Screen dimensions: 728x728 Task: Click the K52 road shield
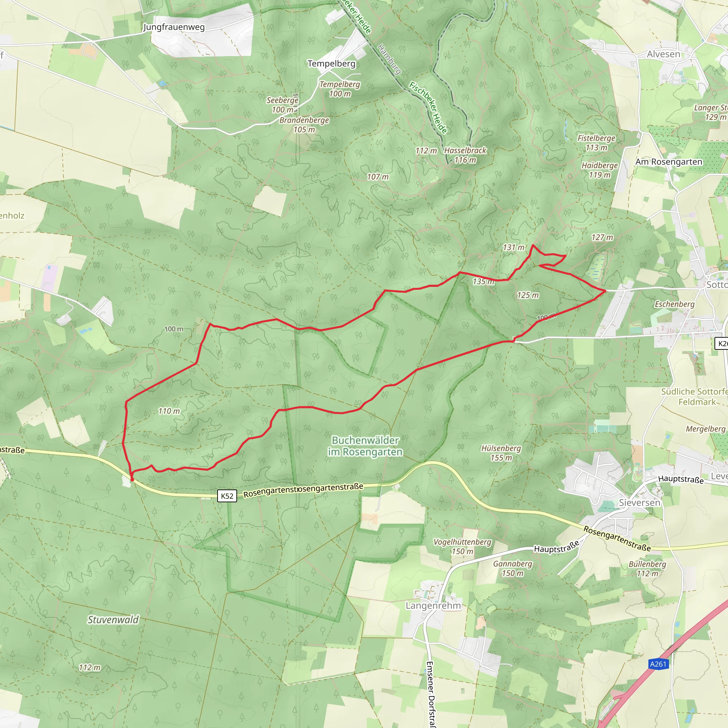(x=227, y=496)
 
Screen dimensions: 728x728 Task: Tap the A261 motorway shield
(x=658, y=674)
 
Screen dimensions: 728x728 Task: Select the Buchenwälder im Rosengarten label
(x=365, y=446)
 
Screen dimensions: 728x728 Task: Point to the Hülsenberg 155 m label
(x=501, y=453)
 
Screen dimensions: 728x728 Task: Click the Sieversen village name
(x=639, y=503)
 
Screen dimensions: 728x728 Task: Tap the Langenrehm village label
(x=433, y=605)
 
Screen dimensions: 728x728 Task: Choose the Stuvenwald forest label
(x=113, y=620)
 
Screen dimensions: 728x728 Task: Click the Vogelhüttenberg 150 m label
(x=462, y=546)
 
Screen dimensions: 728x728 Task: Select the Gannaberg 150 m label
(x=513, y=568)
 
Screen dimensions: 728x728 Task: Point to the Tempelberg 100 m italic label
(x=340, y=89)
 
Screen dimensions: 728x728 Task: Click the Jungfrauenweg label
(x=174, y=27)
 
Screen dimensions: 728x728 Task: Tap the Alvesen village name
(x=664, y=54)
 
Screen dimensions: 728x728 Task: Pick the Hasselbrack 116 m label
(x=465, y=155)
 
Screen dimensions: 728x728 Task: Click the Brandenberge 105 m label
(x=304, y=125)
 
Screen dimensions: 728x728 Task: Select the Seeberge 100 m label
(x=282, y=105)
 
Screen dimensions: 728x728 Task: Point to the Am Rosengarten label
(x=669, y=162)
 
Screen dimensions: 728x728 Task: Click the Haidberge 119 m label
(x=600, y=170)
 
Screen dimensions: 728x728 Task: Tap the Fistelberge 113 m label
(x=596, y=143)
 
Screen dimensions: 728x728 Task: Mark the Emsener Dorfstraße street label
(x=429, y=693)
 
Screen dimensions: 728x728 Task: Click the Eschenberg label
(x=674, y=304)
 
